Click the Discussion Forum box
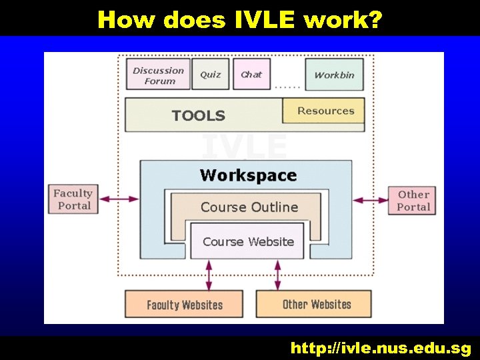coord(159,75)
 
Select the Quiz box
coord(211,75)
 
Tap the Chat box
coord(251,75)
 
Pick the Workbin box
coord(334,75)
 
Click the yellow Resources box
coord(324,111)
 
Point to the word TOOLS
coord(198,115)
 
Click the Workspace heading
coord(248,175)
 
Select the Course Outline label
coord(249,207)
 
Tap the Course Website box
coord(247,241)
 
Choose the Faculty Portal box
coord(73,199)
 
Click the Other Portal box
coord(413,200)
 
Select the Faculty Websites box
coord(184,305)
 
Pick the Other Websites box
coord(316,304)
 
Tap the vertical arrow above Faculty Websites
coord(209,274)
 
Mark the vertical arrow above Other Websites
coord(277,274)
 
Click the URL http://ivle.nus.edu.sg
coord(380,348)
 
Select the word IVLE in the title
coord(265,19)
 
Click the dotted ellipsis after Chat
coord(287,86)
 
